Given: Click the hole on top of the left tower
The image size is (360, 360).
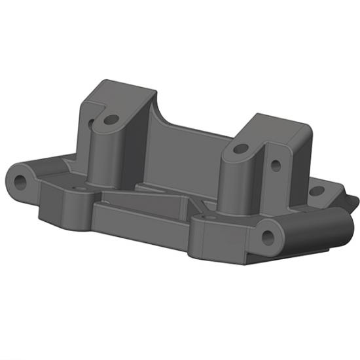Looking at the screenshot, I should [112, 120].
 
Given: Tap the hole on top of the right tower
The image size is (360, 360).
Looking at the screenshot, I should [240, 149].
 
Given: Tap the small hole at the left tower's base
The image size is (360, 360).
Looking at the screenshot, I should [81, 189].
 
